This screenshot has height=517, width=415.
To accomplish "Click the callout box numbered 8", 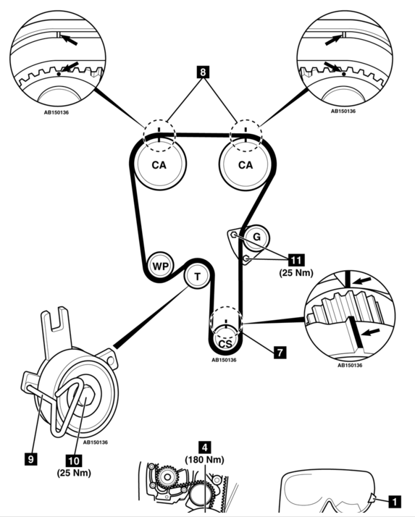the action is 203,72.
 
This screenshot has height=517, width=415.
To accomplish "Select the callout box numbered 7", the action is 280,352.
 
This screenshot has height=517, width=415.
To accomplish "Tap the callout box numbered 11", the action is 296,260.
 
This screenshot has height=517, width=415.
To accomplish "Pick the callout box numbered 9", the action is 31,458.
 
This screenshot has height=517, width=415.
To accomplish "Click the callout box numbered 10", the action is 74,461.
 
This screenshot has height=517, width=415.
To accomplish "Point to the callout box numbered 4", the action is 205,447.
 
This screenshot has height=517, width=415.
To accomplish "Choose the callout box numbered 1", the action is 395,502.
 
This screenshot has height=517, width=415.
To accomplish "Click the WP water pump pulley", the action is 160,266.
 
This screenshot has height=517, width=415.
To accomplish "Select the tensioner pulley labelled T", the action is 197,277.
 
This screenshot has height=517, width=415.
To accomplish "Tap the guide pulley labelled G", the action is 256,238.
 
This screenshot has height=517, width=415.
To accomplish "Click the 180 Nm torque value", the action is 204,460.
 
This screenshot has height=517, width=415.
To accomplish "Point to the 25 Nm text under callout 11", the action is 296,273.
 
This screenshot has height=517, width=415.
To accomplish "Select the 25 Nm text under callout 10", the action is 74,473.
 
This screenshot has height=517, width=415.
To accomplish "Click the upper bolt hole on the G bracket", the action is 233,235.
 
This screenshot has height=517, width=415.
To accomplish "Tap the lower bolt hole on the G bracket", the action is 246,258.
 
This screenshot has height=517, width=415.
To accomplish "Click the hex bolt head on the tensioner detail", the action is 85,398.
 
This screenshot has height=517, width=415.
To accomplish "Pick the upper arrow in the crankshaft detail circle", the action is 362,281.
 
